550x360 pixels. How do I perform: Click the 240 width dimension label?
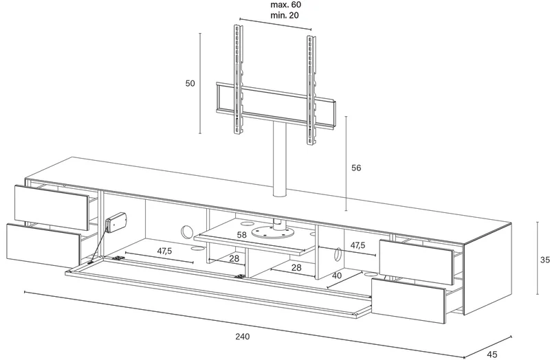243,337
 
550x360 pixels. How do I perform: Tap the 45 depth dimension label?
492,355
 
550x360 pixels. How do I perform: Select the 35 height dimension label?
544,260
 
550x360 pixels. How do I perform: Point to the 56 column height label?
356,168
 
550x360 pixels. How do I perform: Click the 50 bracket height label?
190,83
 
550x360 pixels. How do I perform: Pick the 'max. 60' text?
285,5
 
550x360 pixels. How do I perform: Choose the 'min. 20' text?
285,15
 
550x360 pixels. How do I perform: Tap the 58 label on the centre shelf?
242,235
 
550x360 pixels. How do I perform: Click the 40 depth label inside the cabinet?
337,275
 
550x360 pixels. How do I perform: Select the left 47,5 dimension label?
164,251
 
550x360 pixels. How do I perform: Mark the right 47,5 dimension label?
357,245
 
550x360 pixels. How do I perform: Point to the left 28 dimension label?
234,259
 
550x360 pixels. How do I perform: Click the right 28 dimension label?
296,268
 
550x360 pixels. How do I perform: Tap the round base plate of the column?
272,233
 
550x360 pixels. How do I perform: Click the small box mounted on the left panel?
115,223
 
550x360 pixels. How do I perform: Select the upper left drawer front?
52,203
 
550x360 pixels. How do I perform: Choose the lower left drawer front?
43,245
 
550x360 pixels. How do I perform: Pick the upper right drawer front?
417,262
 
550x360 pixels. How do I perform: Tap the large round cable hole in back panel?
187,232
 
